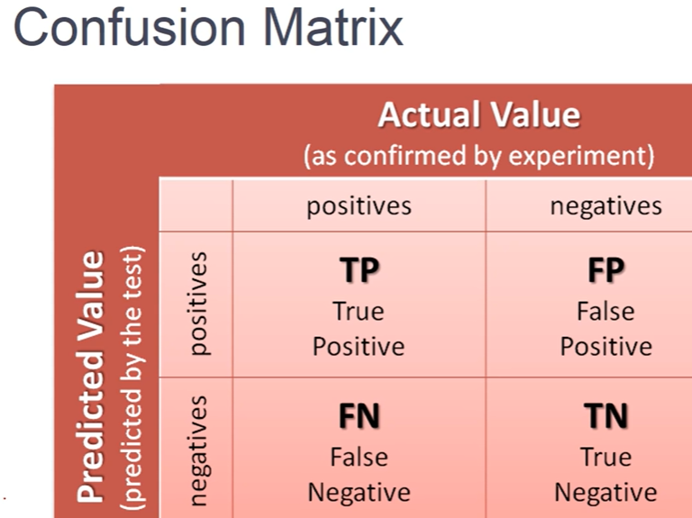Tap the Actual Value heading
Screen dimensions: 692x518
[x=478, y=115]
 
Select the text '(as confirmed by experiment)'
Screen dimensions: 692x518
[x=478, y=155]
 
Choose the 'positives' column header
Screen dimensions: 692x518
[x=359, y=205]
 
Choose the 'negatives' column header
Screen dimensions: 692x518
[x=605, y=205]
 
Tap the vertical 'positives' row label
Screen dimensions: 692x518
[x=197, y=303]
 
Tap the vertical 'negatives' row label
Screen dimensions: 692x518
[x=197, y=447]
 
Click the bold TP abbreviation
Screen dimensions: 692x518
[x=359, y=270]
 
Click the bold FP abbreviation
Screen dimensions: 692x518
[x=605, y=270]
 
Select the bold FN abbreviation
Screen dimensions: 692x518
[x=359, y=416]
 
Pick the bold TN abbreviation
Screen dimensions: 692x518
[x=605, y=416]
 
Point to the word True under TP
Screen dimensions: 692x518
[x=359, y=312]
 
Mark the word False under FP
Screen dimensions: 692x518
[x=605, y=312]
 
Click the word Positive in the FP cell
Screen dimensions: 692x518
[x=605, y=346]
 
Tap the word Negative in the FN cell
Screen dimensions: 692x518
[x=359, y=493]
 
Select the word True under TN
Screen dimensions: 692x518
[x=605, y=458]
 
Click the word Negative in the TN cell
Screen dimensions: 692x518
[x=605, y=493]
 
